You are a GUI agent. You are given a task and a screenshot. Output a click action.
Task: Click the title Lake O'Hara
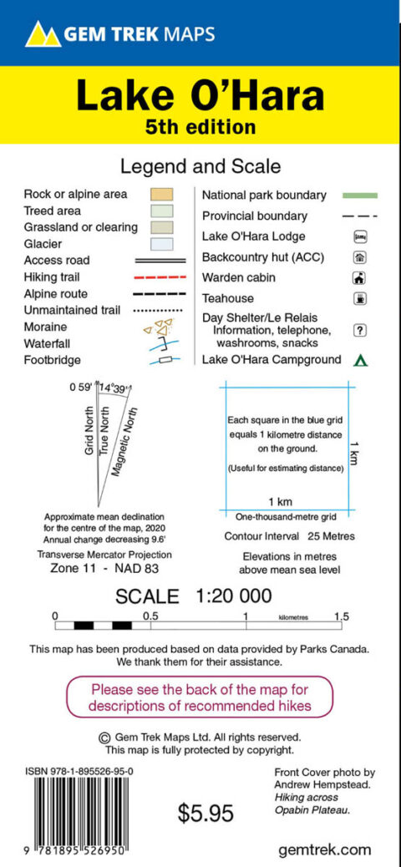[200, 96]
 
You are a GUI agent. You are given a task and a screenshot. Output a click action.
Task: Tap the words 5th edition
[200, 128]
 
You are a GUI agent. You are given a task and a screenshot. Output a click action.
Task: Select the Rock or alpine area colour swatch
[161, 194]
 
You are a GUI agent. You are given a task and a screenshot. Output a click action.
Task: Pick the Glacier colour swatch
[161, 244]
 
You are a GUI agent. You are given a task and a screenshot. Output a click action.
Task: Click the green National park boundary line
[360, 195]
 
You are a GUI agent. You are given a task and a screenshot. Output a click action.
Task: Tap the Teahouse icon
[361, 298]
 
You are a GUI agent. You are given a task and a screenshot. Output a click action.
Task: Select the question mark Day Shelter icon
[361, 330]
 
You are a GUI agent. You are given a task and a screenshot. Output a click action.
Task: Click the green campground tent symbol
[361, 361]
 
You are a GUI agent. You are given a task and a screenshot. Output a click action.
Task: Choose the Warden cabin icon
[361, 278]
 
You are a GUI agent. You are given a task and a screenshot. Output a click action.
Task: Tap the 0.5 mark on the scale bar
[150, 616]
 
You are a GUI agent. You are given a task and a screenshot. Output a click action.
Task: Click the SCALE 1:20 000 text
[193, 596]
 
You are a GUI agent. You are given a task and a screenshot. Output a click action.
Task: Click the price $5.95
[206, 812]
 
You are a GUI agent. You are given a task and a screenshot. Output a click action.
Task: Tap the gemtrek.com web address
[324, 849]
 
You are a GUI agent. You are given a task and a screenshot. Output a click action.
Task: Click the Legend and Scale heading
[200, 167]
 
